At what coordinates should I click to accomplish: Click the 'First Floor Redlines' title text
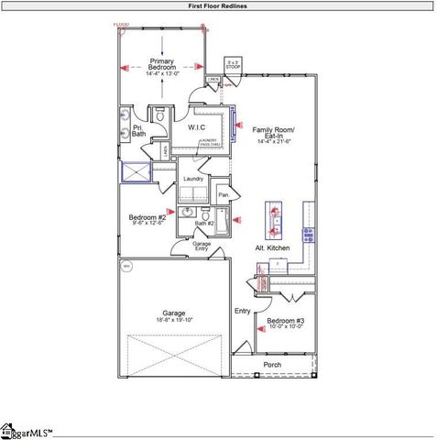click(x=217, y=5)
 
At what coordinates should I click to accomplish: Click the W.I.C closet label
click(x=196, y=127)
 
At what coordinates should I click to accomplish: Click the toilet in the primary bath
click(x=158, y=116)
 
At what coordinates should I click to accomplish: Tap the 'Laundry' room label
click(x=193, y=178)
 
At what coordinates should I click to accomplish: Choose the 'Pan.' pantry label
click(x=223, y=194)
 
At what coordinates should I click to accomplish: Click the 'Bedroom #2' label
click(x=147, y=217)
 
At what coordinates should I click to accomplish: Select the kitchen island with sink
click(x=274, y=220)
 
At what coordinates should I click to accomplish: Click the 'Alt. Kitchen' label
click(x=272, y=248)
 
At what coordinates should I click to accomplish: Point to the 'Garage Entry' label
click(x=202, y=246)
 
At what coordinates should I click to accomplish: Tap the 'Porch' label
click(x=273, y=364)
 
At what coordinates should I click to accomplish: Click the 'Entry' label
click(x=242, y=312)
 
